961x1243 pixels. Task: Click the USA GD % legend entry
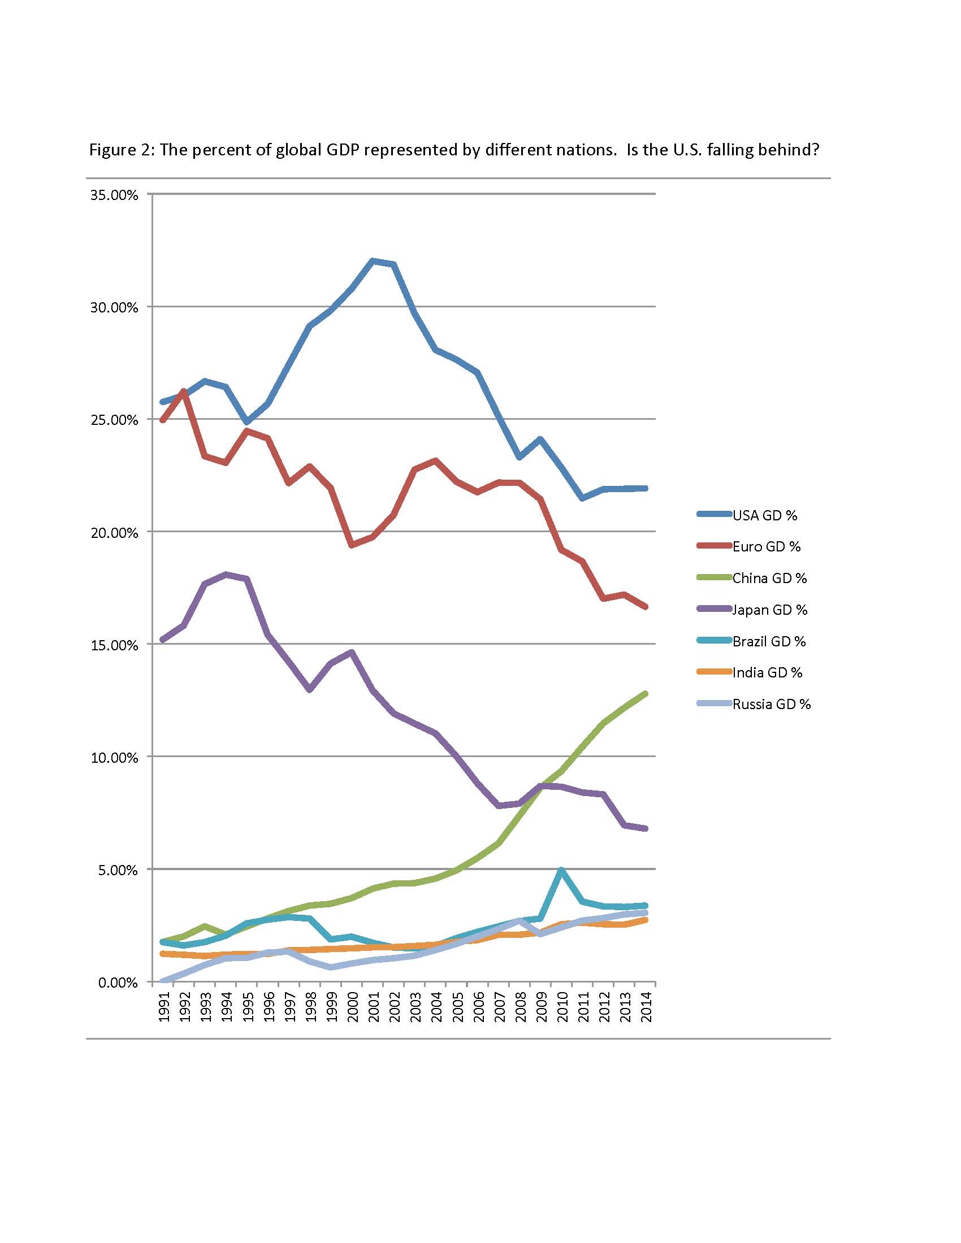point(747,515)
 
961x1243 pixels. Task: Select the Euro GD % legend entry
point(748,546)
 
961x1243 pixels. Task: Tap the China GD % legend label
point(770,578)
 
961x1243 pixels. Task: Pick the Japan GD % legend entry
point(752,610)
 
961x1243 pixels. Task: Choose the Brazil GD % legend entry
point(751,641)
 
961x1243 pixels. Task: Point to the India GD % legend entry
point(750,673)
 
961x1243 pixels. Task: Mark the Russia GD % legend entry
point(754,704)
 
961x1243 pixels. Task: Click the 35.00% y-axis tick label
point(114,195)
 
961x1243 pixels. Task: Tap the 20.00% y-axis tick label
point(114,533)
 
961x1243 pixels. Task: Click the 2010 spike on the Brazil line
point(561,870)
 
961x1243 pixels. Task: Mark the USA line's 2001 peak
point(373,261)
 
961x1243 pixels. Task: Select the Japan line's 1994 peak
point(227,574)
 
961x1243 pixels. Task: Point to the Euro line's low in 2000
point(352,545)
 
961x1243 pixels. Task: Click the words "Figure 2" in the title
point(122,150)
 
